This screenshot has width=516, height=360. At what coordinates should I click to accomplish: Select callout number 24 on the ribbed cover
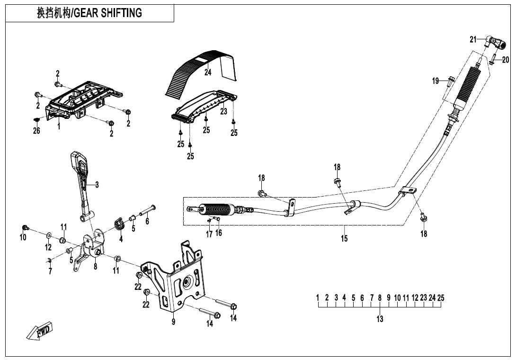[x=208, y=72]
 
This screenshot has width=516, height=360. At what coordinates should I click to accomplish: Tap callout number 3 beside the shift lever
[x=97, y=185]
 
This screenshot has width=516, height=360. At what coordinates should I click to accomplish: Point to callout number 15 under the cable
[x=344, y=238]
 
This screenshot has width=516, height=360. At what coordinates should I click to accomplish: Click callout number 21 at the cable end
[x=473, y=40]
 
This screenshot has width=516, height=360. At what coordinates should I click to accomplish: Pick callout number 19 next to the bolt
[x=436, y=81]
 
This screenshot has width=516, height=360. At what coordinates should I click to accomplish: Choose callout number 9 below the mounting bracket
[x=174, y=322]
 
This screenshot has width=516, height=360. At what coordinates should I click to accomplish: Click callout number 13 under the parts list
[x=380, y=319]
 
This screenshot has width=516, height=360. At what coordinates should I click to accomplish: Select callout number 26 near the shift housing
[x=36, y=131]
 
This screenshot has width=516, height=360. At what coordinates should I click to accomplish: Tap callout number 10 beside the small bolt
[x=23, y=237]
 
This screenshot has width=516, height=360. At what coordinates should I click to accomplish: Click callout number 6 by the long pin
[x=147, y=221]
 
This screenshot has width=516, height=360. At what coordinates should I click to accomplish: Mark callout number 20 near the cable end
[x=506, y=60]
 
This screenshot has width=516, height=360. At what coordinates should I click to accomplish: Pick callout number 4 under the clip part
[x=121, y=239]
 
